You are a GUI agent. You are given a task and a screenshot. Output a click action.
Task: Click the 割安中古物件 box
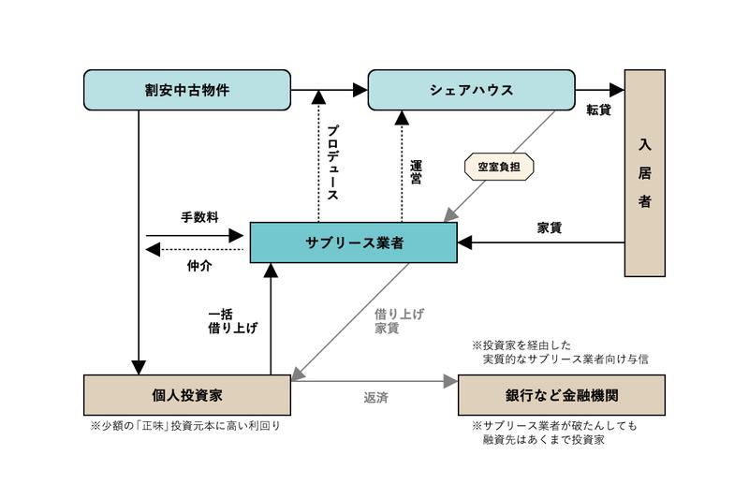pyautogui.click(x=186, y=90)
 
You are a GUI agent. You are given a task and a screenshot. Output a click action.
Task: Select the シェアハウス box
pyautogui.click(x=471, y=90)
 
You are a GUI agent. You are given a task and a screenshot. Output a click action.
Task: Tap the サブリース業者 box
pyautogui.click(x=353, y=242)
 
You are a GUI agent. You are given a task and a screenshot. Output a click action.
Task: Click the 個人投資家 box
pyautogui.click(x=186, y=394)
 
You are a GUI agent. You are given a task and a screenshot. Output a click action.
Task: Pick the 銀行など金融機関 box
pyautogui.click(x=561, y=394)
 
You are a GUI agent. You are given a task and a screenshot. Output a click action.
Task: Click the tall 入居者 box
pyautogui.click(x=645, y=173)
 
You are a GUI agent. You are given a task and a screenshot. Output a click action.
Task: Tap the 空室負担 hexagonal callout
pyautogui.click(x=499, y=168)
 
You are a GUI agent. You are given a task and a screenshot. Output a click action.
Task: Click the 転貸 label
pyautogui.click(x=598, y=110)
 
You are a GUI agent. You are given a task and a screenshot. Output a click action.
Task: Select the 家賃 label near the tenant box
pyautogui.click(x=550, y=227)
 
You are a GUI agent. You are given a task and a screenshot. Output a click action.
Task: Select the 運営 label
pyautogui.click(x=417, y=170)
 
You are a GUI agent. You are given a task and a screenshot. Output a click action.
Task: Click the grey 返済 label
pyautogui.click(x=375, y=398)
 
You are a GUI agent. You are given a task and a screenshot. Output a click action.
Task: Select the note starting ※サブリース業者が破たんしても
pyautogui.click(x=560, y=432)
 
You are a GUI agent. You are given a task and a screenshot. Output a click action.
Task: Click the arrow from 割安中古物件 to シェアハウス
pyautogui.click(x=329, y=90)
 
